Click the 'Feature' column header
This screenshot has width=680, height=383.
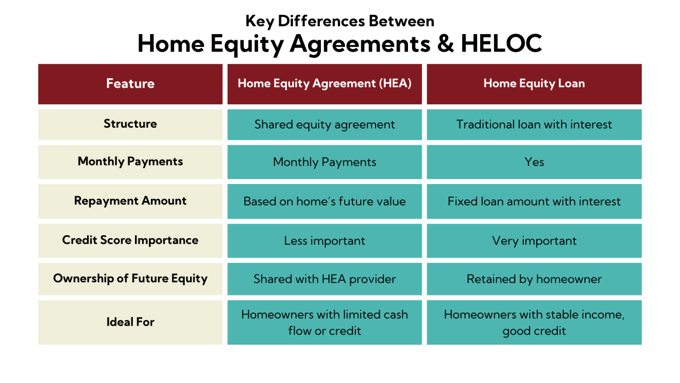coord(130,84)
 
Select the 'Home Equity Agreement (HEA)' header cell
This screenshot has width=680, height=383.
coord(325,84)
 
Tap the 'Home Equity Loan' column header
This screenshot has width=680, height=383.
coord(534,84)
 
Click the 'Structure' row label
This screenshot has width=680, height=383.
coord(130,124)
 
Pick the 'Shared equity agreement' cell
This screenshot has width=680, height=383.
coord(325,124)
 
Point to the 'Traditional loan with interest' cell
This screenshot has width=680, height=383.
coord(534,124)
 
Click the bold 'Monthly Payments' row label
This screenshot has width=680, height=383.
coord(130,162)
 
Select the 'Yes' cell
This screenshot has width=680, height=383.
coord(534,162)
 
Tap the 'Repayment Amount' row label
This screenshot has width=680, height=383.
coord(130,201)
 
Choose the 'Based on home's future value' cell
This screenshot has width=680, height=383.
coord(325,202)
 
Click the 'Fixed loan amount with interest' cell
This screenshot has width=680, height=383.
coord(534,202)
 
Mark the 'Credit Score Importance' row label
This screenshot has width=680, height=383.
coord(130,240)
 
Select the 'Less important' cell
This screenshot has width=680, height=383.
coord(325,241)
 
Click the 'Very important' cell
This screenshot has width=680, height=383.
coord(534,241)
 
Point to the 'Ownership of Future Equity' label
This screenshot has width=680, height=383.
coord(130,279)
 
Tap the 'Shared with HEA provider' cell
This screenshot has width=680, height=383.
coord(325,279)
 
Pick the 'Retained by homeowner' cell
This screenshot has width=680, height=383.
coord(534,279)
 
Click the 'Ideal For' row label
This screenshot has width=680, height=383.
coord(130,322)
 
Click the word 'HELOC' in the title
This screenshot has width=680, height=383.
coord(501,44)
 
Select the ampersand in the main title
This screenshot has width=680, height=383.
coord(445,44)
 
